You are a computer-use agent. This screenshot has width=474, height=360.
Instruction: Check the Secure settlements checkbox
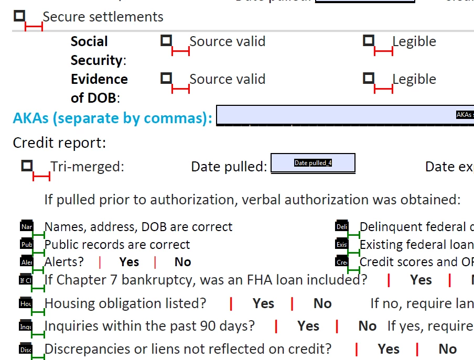pos(19,16)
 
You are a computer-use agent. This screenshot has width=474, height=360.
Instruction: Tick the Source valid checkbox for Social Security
pos(166,40)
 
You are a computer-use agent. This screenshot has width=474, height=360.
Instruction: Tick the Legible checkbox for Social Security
pos(369,40)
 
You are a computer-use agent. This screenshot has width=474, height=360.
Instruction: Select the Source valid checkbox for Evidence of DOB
pos(166,78)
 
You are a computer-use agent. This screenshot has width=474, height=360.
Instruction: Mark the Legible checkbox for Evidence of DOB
pos(369,78)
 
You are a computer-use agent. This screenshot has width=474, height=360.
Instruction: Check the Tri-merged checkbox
pos(27,166)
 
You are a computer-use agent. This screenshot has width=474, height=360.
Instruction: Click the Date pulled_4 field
pos(313,163)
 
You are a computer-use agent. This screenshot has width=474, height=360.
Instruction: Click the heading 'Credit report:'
pos(59,143)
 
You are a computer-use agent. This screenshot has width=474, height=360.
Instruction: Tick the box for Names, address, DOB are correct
pos(26,227)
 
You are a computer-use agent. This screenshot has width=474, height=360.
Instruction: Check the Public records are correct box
pos(26,245)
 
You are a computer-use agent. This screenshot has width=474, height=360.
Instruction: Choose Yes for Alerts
pos(129,262)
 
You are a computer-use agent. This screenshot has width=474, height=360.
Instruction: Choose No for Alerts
pos(182,262)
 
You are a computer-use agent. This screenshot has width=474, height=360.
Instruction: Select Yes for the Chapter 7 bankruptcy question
pos(421,280)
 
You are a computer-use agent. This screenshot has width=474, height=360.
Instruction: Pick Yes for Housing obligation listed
pos(263,303)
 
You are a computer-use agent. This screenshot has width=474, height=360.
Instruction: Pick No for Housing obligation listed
pos(322,303)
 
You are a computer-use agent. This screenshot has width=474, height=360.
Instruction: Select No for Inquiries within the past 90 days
pos(367,326)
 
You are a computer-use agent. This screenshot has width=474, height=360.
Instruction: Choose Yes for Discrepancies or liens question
pos(389,349)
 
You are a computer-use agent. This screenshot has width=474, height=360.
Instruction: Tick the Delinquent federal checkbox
pos(341,227)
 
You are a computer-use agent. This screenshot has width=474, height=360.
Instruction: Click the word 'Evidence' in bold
pos(99,79)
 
